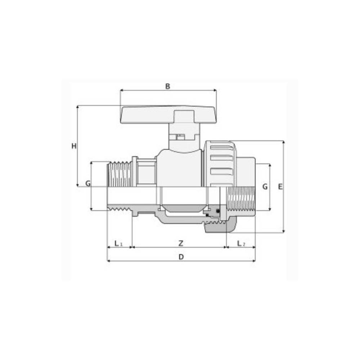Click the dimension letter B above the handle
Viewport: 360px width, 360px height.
(168, 86)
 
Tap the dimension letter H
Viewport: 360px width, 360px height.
(74, 146)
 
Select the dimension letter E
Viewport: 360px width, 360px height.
(280, 186)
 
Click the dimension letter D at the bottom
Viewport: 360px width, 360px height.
(181, 257)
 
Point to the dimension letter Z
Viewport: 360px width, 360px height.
(181, 243)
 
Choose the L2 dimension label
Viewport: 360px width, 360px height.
(241, 243)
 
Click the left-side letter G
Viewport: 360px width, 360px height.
(88, 184)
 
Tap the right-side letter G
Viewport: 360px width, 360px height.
(265, 186)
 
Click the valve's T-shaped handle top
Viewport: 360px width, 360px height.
(168, 115)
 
